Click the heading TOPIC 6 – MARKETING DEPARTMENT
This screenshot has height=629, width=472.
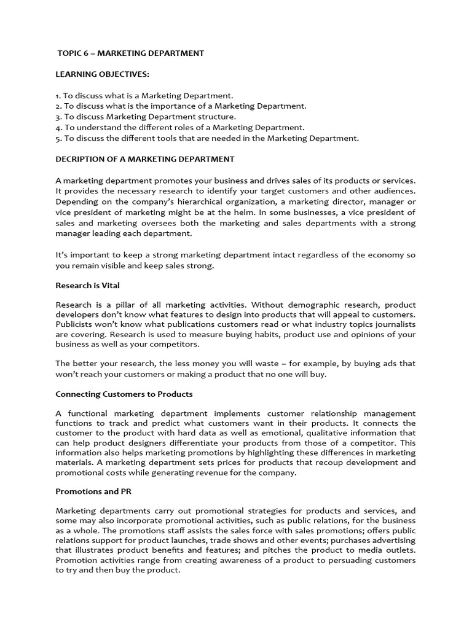pos(130,53)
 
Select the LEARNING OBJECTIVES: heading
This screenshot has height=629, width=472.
pos(102,74)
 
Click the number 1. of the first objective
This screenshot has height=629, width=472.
pos(58,96)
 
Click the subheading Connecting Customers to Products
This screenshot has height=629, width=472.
pos(124,394)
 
